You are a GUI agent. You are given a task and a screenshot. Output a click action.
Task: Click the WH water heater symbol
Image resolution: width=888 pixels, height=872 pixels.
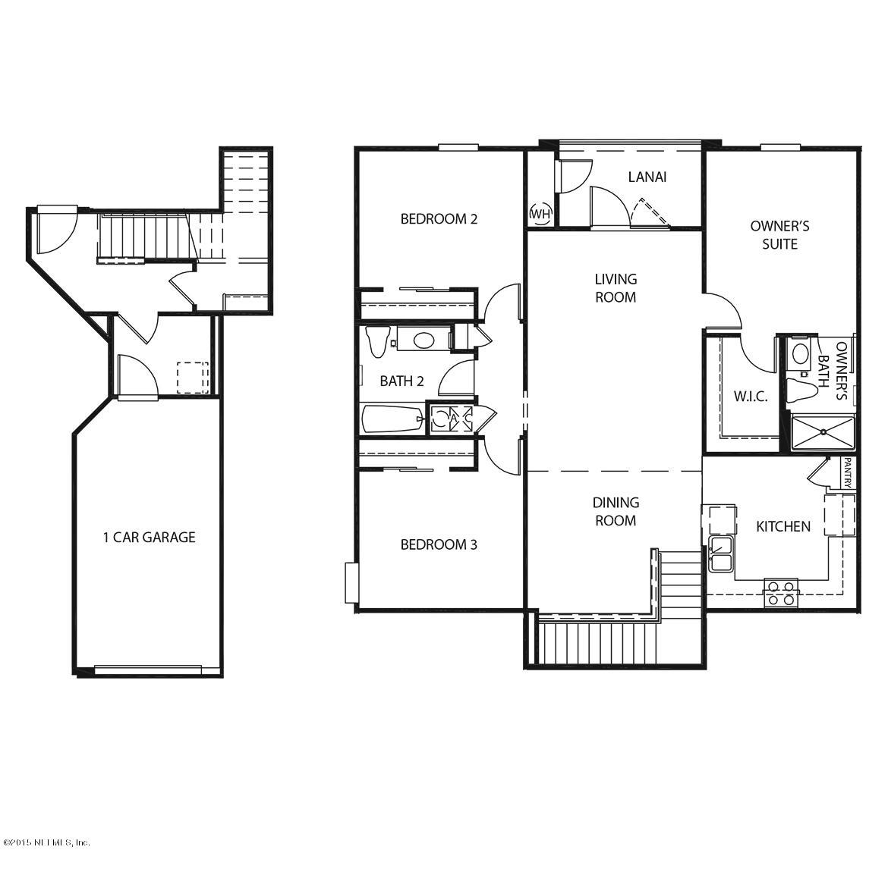(540, 214)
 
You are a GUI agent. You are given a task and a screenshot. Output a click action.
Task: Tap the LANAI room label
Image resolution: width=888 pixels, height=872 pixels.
(647, 177)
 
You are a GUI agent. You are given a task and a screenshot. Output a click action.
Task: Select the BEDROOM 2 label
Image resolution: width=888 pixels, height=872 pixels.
(439, 219)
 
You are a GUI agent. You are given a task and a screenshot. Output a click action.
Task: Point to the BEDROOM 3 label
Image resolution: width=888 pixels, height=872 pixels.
(439, 544)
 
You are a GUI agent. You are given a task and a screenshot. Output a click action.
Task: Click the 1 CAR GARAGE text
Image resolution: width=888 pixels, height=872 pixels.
(149, 538)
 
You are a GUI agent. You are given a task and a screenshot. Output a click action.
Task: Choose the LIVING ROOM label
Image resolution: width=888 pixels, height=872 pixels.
(616, 288)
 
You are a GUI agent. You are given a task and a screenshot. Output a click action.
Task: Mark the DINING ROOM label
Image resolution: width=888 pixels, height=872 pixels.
(616, 511)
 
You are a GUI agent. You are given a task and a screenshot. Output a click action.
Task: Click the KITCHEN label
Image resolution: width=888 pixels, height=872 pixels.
(783, 526)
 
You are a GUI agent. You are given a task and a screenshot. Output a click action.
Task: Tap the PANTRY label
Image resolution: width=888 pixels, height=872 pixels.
(848, 473)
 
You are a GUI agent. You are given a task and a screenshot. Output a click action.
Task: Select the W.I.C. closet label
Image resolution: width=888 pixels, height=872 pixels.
(750, 397)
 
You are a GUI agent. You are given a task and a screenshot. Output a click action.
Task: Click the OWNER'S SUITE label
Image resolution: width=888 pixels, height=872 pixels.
(779, 234)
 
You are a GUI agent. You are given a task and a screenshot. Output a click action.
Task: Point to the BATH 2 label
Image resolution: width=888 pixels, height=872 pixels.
(401, 381)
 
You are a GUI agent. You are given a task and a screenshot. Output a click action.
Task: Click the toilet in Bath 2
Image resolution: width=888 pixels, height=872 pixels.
(376, 340)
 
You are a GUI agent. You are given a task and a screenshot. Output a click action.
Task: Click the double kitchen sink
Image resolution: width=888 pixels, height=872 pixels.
(720, 554)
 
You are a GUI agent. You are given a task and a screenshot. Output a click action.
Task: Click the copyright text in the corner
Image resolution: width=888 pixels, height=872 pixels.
(46, 842)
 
